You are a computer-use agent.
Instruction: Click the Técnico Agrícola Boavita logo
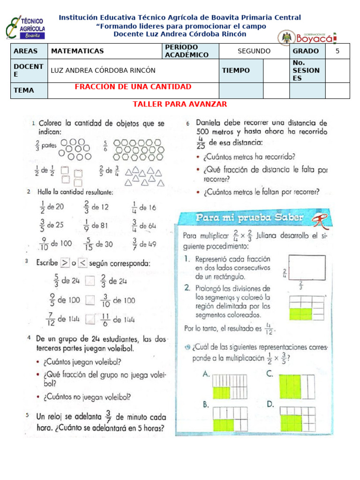click(25, 28)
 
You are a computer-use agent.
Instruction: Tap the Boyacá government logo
click(307, 37)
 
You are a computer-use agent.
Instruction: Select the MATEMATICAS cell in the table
click(77, 51)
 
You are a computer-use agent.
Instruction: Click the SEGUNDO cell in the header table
click(254, 51)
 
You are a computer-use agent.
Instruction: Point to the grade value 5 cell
click(337, 51)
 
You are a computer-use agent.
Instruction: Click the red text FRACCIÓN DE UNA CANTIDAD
click(133, 87)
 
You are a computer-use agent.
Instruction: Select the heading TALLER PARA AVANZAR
click(180, 104)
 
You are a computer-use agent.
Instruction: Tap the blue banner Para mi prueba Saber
click(250, 218)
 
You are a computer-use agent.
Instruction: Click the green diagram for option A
click(230, 386)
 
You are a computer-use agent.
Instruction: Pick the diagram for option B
click(230, 419)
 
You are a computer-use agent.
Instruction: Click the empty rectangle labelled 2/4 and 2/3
click(307, 267)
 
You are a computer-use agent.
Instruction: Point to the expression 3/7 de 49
click(144, 244)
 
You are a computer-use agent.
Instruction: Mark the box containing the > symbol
click(65, 263)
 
